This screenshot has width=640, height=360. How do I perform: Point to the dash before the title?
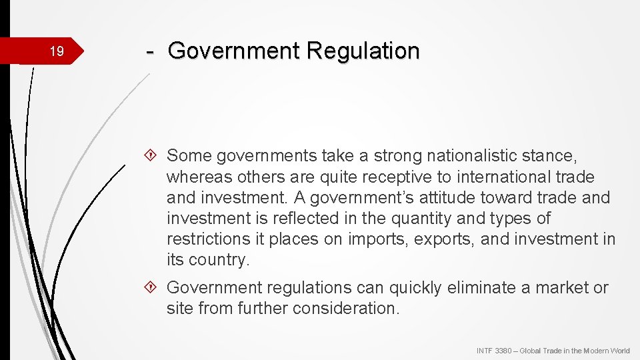tap(151, 51)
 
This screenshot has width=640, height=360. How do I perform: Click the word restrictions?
tap(209, 239)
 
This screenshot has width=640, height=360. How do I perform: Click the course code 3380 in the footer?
tap(505, 351)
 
